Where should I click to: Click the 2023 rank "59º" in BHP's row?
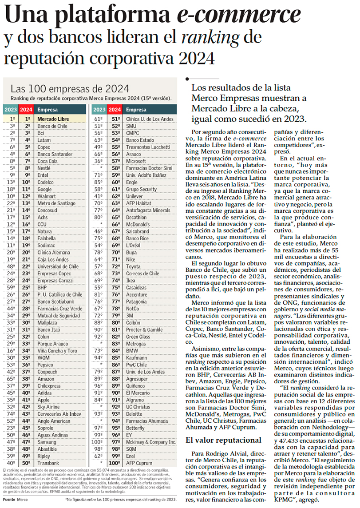[12, 287]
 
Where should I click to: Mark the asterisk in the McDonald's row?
[102, 224]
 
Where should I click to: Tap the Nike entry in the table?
[131, 259]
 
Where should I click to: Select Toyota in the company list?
[134, 266]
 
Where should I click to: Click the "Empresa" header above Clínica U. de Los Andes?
[136, 110]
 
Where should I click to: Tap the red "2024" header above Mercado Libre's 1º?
[26, 110]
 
